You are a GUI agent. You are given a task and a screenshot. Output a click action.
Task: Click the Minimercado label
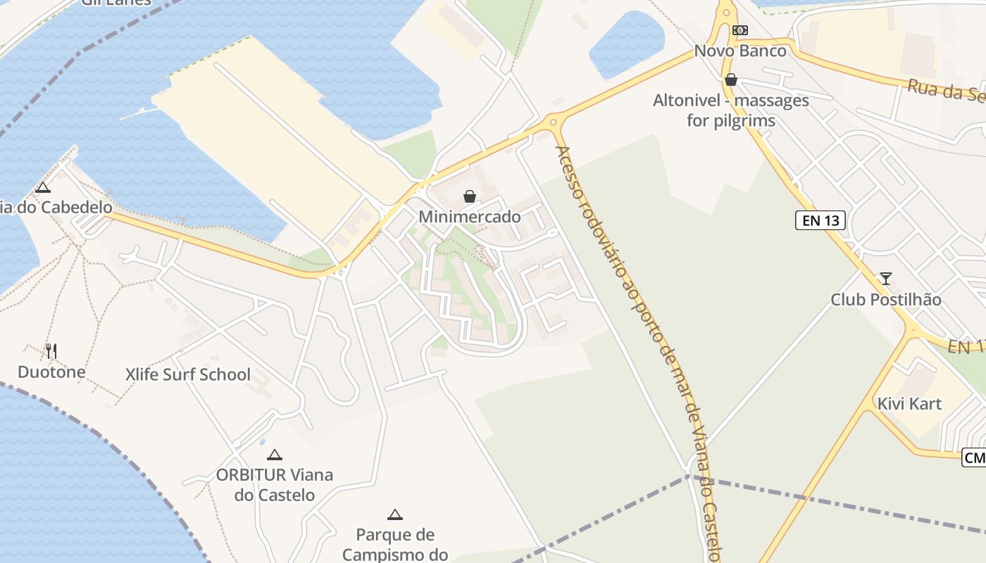click(x=470, y=217)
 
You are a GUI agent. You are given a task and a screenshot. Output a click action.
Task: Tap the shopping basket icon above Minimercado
click(x=470, y=196)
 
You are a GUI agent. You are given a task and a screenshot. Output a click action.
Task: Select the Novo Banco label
click(x=740, y=51)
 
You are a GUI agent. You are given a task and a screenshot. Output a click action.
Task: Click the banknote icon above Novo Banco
click(x=739, y=30)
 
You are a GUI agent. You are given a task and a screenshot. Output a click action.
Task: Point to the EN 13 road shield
click(x=821, y=220)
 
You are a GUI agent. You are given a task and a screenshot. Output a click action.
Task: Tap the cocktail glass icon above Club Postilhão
click(x=885, y=279)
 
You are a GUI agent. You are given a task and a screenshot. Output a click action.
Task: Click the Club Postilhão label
click(x=886, y=299)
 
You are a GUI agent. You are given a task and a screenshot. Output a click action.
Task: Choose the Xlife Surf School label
click(x=188, y=374)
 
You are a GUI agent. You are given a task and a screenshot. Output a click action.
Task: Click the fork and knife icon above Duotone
click(x=51, y=350)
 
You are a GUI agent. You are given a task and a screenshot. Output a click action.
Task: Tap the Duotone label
click(x=51, y=372)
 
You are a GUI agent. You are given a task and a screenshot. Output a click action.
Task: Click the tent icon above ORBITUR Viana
click(x=275, y=455)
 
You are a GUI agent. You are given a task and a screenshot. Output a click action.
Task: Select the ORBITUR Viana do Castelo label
click(x=275, y=485)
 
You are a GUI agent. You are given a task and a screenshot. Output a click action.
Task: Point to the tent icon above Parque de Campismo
click(x=395, y=514)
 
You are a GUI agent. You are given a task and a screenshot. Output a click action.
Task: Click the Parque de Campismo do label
click(x=395, y=545)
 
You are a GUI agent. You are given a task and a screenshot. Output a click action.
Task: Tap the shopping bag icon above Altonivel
click(x=731, y=80)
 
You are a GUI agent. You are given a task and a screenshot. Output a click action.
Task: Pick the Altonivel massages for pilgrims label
click(x=731, y=110)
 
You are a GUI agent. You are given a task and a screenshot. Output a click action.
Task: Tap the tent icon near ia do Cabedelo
click(x=43, y=187)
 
